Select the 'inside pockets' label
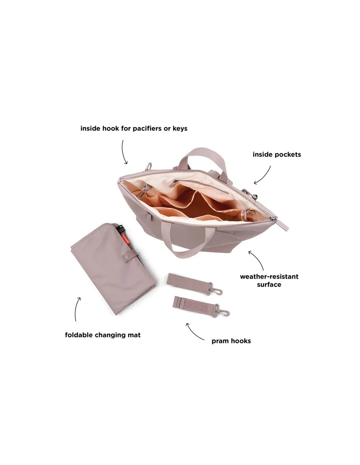(x=277, y=154)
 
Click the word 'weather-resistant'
(x=269, y=276)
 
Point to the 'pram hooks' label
(x=231, y=341)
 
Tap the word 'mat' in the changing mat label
(x=134, y=335)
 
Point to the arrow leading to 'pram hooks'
(x=193, y=333)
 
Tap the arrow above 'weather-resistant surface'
(x=258, y=259)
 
